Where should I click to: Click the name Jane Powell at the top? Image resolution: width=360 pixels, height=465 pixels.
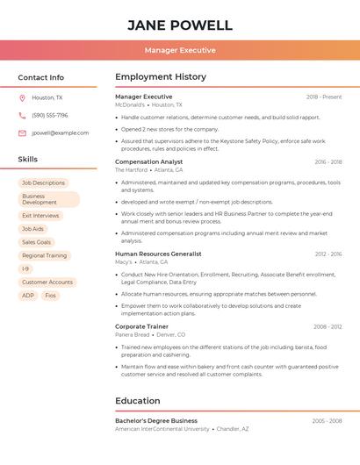tap(180, 25)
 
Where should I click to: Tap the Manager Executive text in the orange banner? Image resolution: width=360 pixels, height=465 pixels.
tap(180, 51)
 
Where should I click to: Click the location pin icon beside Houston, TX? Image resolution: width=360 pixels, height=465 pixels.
tap(22, 97)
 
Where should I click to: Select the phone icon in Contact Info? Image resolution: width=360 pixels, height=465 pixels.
tap(22, 115)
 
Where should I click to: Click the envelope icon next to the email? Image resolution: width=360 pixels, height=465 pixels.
tap(22, 133)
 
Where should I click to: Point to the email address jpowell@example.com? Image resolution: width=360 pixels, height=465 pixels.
tap(61, 133)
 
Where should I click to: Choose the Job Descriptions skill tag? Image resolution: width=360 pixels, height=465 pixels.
tap(44, 182)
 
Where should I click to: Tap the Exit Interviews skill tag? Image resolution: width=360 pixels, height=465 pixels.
tap(40, 215)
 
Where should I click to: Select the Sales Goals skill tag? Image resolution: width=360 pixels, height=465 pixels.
tap(37, 242)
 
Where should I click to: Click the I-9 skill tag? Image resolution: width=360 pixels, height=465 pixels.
tap(25, 268)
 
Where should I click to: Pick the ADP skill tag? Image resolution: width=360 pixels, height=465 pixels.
tap(28, 296)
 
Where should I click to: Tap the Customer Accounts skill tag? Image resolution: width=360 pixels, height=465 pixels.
tap(47, 282)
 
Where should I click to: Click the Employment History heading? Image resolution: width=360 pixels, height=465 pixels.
tap(161, 77)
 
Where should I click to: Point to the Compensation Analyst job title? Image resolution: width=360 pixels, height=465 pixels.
tap(149, 161)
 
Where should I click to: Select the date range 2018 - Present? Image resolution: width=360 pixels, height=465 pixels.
tap(324, 97)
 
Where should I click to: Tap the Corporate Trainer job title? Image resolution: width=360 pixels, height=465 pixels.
tap(141, 326)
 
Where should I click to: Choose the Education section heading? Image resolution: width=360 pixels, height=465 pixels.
tap(138, 401)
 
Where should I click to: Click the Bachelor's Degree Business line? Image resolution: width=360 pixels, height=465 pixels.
tap(156, 420)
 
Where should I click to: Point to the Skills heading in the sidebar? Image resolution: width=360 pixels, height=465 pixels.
tap(28, 160)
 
